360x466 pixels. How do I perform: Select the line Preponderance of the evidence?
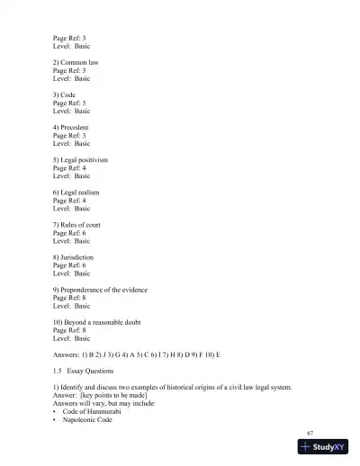click(x=104, y=290)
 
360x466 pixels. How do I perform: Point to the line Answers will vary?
click(x=110, y=403)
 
